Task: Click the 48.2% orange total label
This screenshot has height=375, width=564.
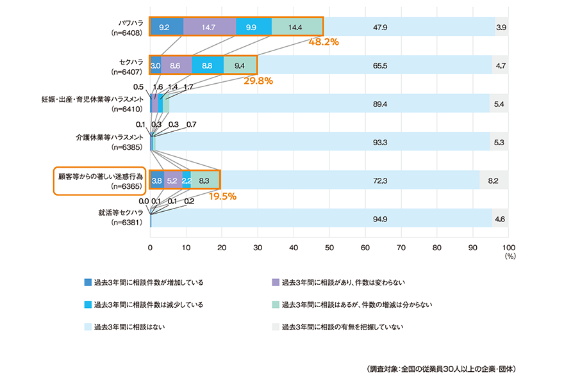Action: tap(324, 42)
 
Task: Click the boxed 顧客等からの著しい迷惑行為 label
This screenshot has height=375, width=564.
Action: tap(99, 180)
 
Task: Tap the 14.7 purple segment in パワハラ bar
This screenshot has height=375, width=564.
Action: tap(210, 27)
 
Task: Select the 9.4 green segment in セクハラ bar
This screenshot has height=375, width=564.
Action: tap(240, 65)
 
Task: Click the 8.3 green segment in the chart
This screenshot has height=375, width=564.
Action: tap(204, 181)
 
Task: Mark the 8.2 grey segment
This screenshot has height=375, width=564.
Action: tap(493, 181)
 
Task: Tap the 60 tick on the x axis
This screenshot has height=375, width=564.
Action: tap(365, 246)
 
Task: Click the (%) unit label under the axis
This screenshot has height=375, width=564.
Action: tap(510, 255)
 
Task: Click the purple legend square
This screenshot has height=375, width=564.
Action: tap(276, 282)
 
